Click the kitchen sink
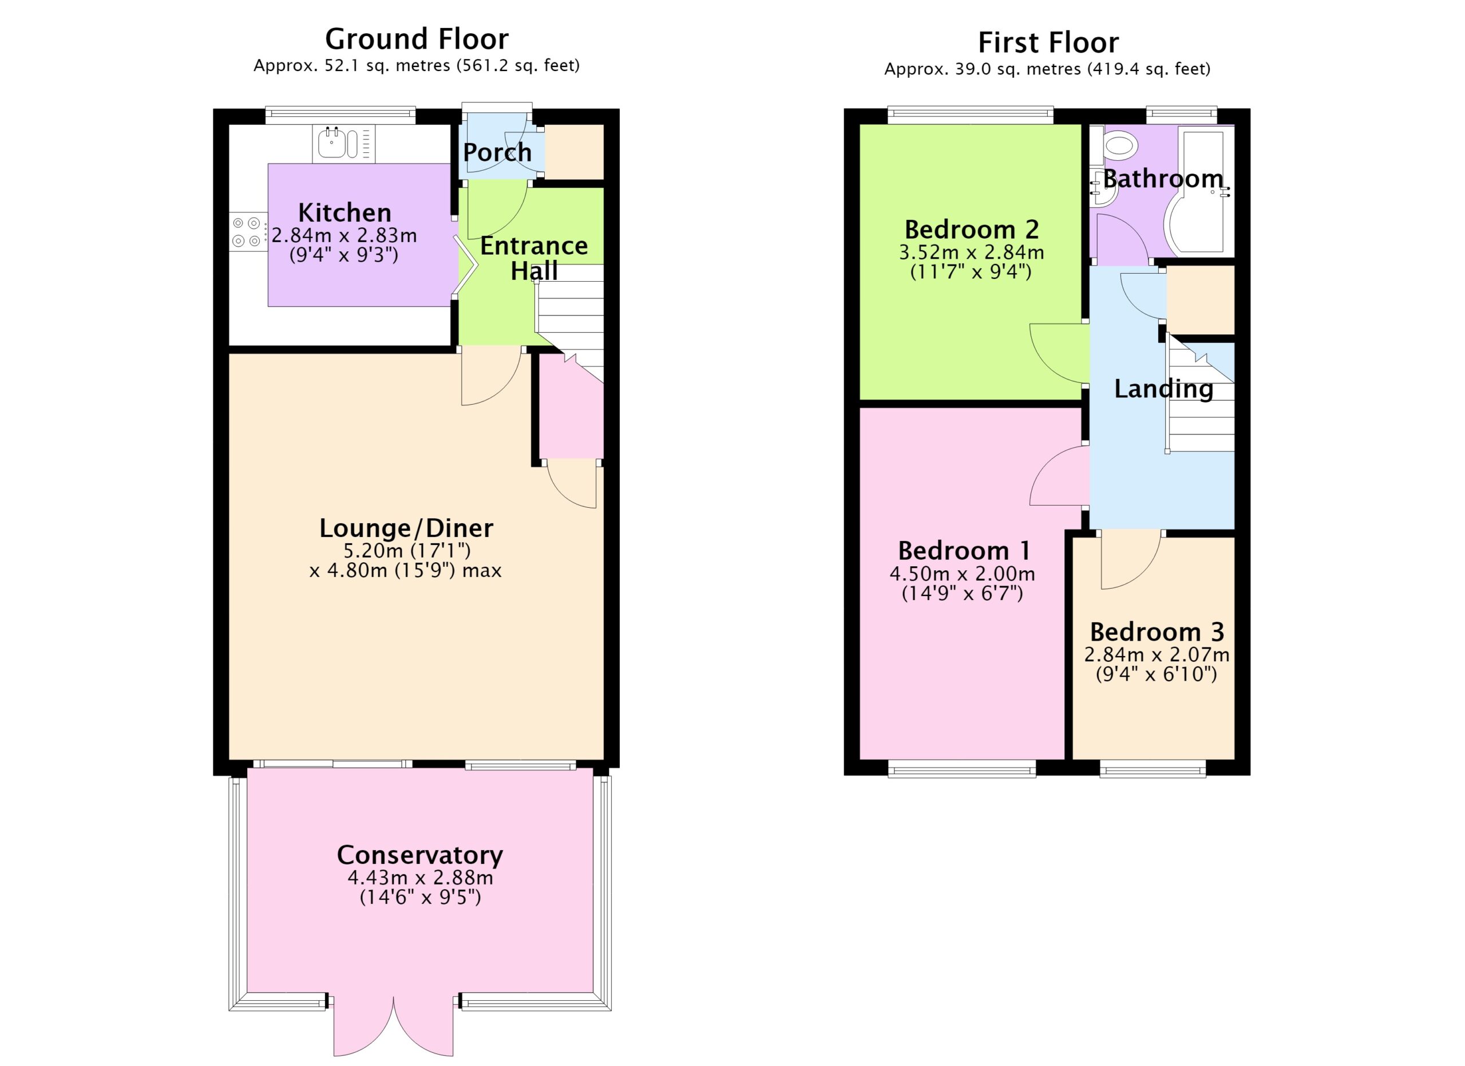[x=343, y=143]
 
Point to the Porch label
[x=497, y=152]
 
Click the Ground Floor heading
[x=417, y=39]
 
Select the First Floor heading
[x=1048, y=42]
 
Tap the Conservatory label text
[x=420, y=855]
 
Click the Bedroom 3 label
[x=1157, y=631]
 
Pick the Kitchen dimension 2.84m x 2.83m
[x=345, y=235]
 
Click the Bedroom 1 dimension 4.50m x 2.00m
[x=963, y=574]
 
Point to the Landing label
[x=1164, y=389]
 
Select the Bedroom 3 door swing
[x=1130, y=561]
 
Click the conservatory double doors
[x=393, y=1026]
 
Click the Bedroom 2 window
[x=970, y=115]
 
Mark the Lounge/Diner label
[x=406, y=528]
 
